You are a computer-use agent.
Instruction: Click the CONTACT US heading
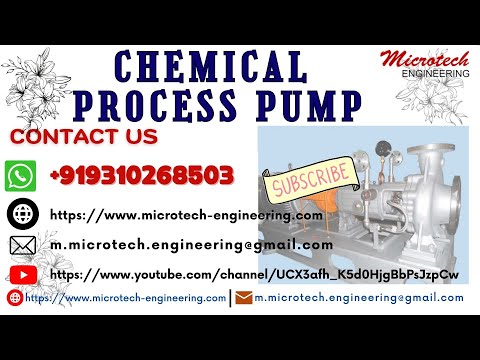tap(84, 136)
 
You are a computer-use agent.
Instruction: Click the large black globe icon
tap(21, 214)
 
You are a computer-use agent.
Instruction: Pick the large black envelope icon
tap(21, 245)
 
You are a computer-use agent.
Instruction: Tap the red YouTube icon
tap(21, 274)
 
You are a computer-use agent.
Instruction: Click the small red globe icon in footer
tap(14, 297)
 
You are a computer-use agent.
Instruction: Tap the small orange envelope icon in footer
tap(243, 297)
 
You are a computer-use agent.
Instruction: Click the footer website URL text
tap(125, 297)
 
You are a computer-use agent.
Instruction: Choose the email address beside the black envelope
tap(191, 245)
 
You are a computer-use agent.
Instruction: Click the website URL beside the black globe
tap(186, 214)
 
